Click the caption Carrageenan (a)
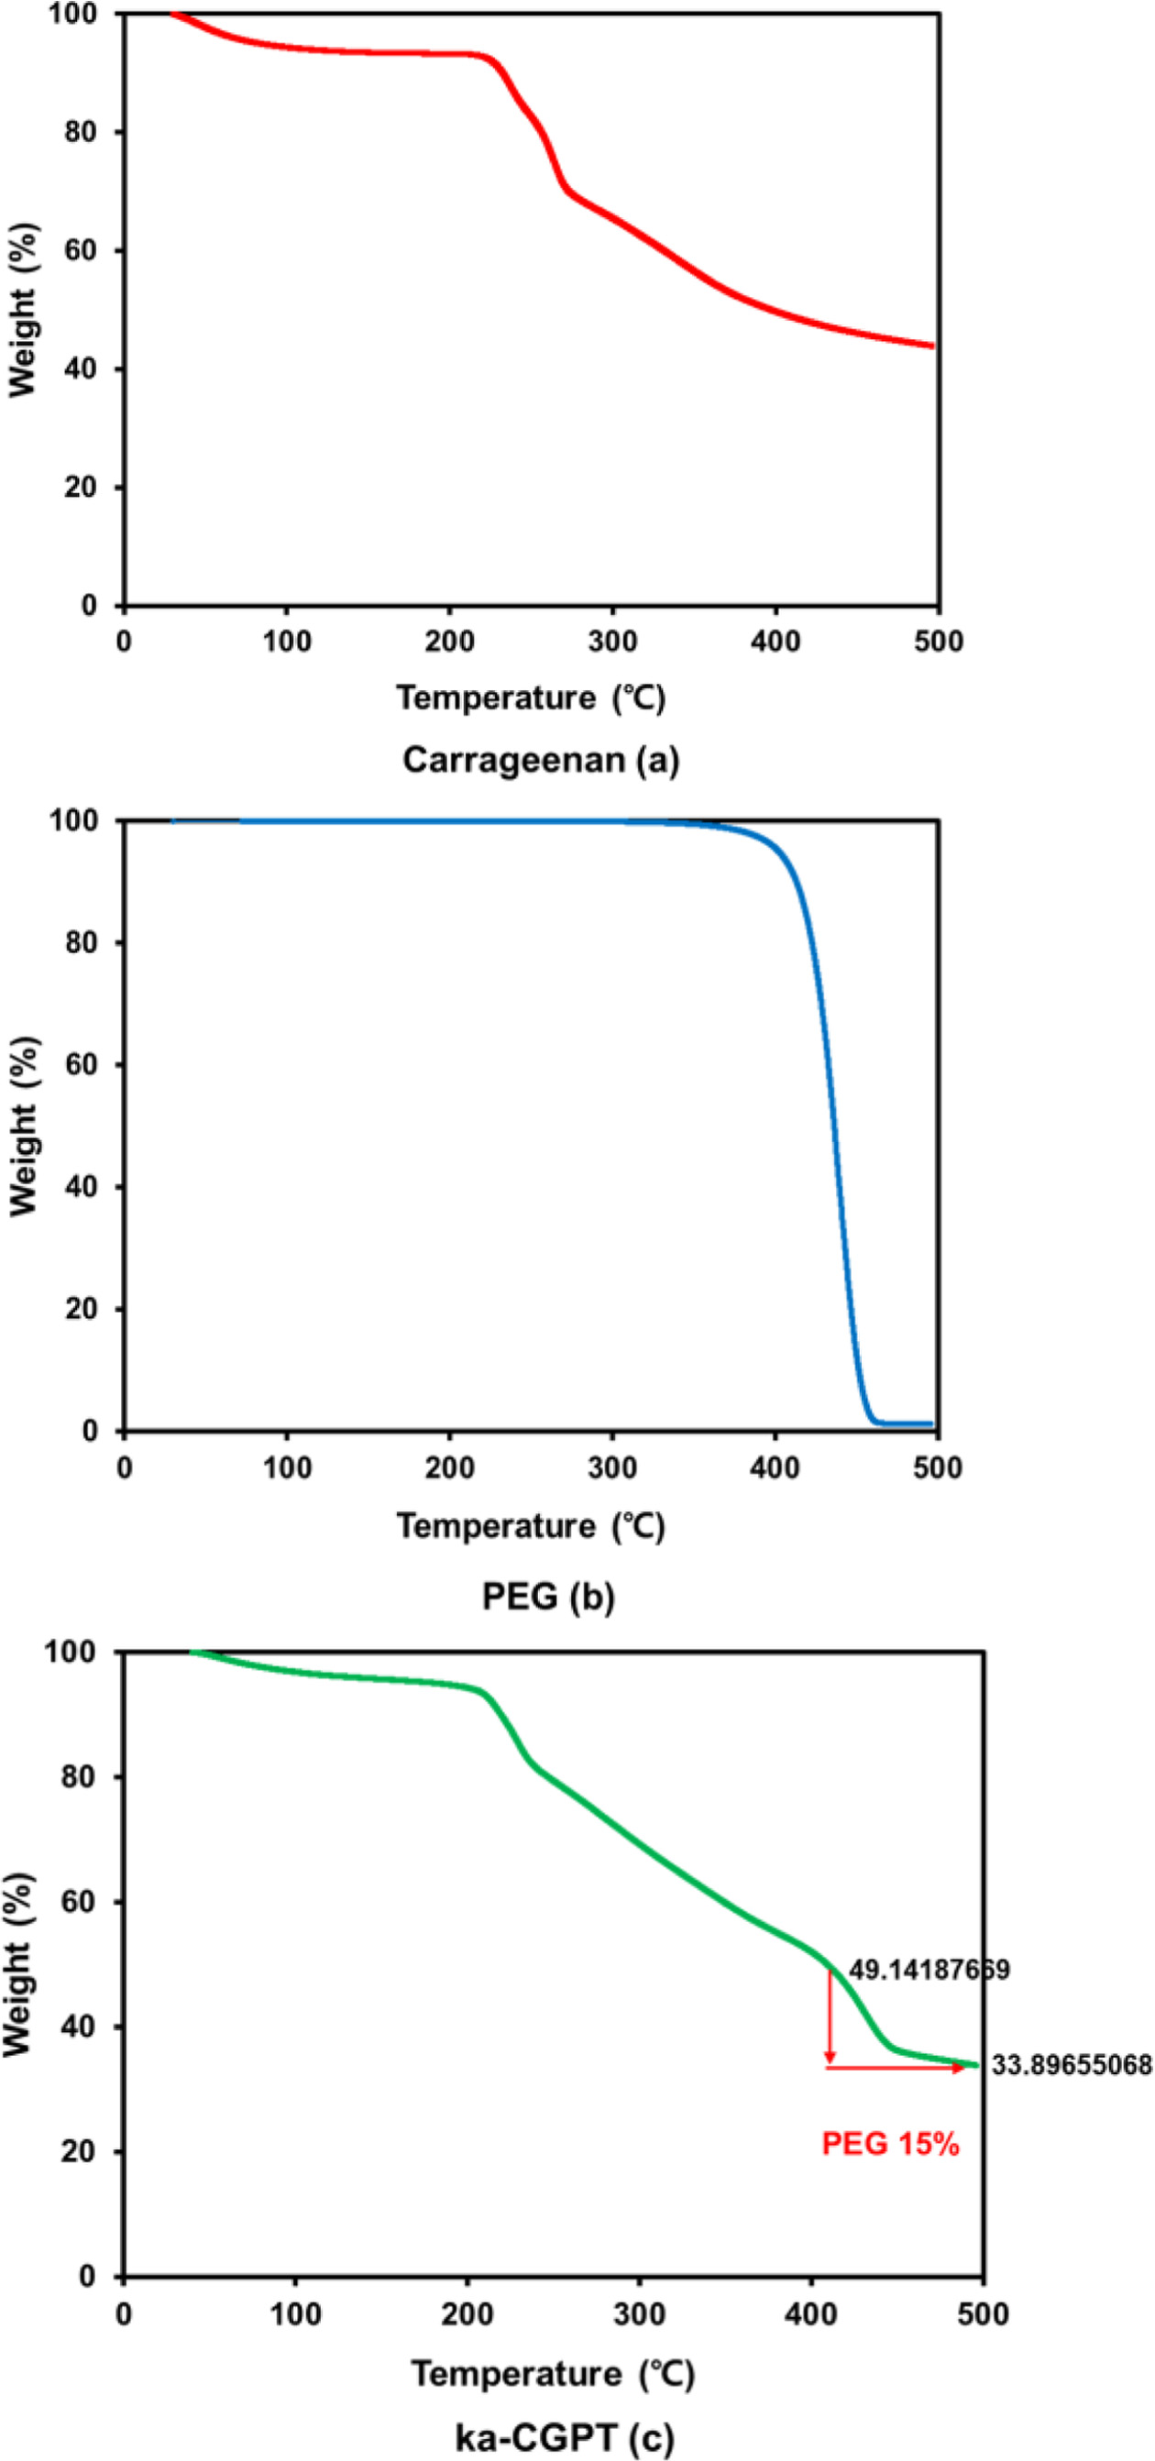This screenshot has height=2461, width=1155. coord(541,760)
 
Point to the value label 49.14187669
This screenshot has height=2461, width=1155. coord(929,1969)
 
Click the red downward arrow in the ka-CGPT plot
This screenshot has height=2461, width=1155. coord(830,2016)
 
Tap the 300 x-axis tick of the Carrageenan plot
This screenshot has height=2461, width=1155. coord(612,641)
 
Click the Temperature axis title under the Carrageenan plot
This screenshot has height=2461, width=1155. coord(531,698)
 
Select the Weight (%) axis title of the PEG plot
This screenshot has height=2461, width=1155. coord(24,1126)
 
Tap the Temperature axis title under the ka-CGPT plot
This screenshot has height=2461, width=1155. coord(553,2373)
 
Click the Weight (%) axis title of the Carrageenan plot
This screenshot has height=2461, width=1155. coord(24,309)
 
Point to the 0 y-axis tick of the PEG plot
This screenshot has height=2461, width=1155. coord(91,1430)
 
